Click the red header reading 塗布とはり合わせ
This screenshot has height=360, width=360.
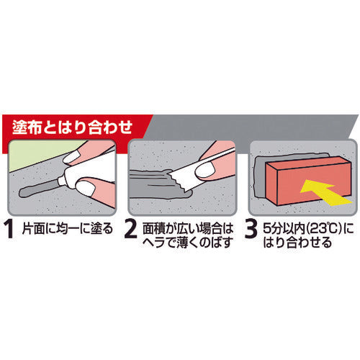pyautogui.click(x=72, y=127)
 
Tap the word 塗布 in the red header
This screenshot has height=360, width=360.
pyautogui.click(x=35, y=127)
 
